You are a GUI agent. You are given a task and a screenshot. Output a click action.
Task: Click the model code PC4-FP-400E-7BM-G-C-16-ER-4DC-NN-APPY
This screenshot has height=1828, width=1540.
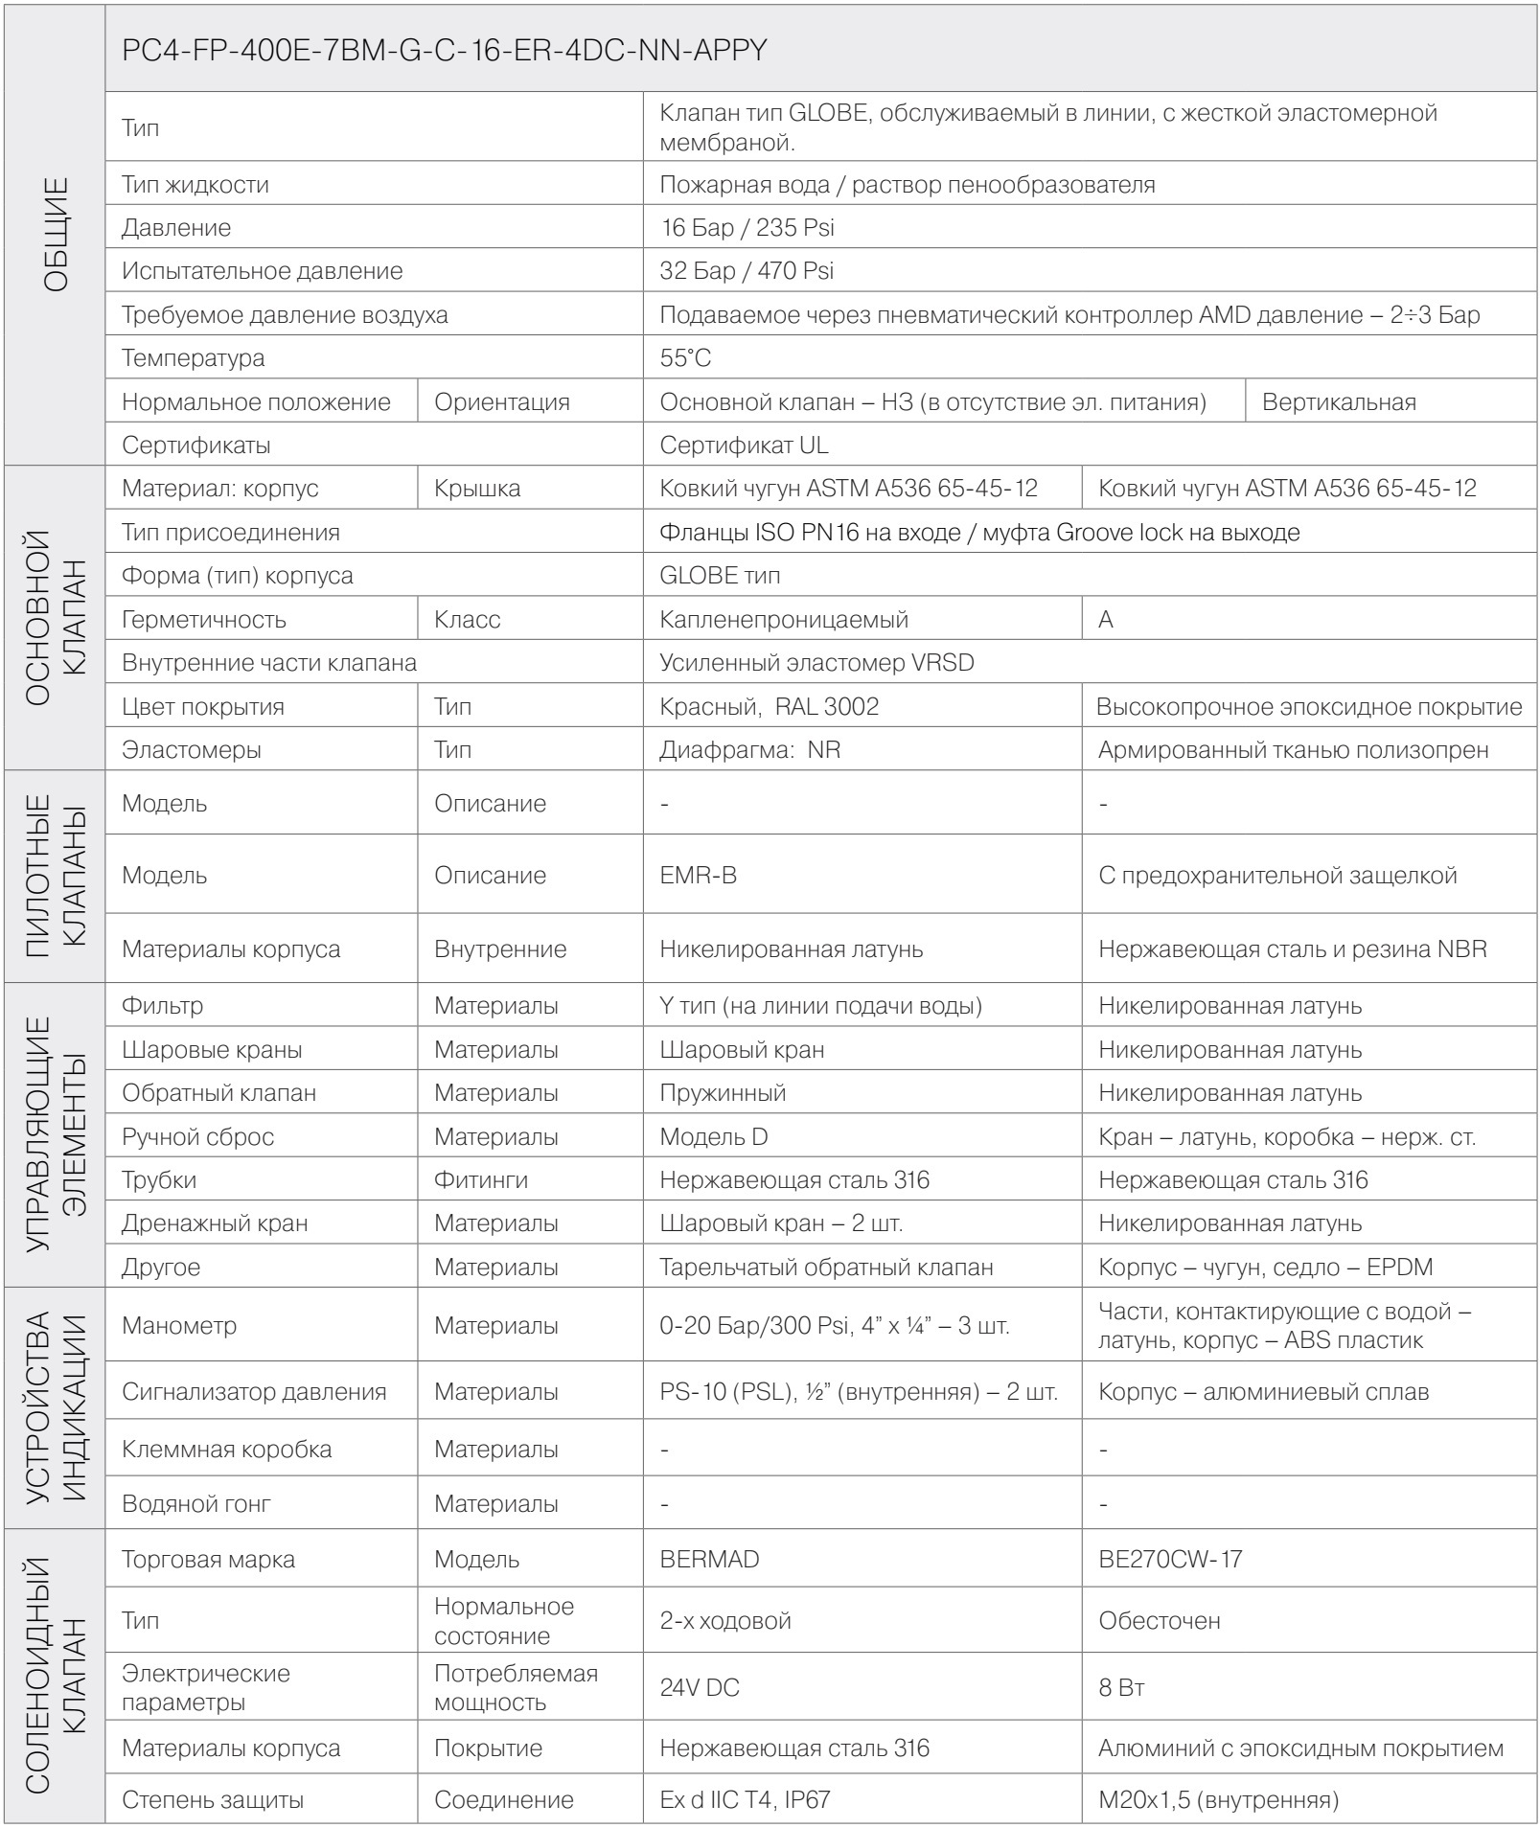pyautogui.click(x=445, y=51)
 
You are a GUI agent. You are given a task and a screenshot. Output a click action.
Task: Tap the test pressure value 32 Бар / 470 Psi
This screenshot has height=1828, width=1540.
pyautogui.click(x=747, y=271)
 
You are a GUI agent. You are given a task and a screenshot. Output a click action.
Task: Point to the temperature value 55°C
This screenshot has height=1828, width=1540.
pyautogui.click(x=685, y=358)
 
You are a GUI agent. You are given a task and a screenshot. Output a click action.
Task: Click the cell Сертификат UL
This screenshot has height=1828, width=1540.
pyautogui.click(x=744, y=446)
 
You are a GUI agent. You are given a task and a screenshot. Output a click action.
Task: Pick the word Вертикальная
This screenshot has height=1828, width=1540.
pyautogui.click(x=1339, y=402)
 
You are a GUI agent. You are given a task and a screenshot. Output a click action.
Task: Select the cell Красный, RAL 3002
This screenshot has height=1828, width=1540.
pyautogui.click(x=769, y=707)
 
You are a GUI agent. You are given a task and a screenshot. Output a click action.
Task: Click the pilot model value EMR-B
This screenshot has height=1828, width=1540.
pyautogui.click(x=698, y=875)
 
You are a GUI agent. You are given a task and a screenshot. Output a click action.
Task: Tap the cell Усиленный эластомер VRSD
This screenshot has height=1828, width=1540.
pyautogui.click(x=816, y=663)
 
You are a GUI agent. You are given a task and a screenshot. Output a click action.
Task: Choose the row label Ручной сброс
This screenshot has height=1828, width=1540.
pyautogui.click(x=197, y=1137)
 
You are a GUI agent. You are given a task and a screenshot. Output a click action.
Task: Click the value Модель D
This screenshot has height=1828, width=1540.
pyautogui.click(x=713, y=1137)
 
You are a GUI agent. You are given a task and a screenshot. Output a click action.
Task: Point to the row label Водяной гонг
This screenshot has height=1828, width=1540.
pyautogui.click(x=195, y=1504)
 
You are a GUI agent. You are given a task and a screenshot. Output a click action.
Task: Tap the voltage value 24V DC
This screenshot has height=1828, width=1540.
pyautogui.click(x=700, y=1688)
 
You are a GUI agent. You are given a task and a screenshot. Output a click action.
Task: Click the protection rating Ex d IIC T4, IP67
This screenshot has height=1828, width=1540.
pyautogui.click(x=745, y=1800)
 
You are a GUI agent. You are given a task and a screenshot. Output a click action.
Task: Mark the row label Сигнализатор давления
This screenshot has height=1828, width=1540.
pyautogui.click(x=254, y=1392)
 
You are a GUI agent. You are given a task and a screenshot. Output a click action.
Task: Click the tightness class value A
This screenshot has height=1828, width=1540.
pyautogui.click(x=1106, y=620)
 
